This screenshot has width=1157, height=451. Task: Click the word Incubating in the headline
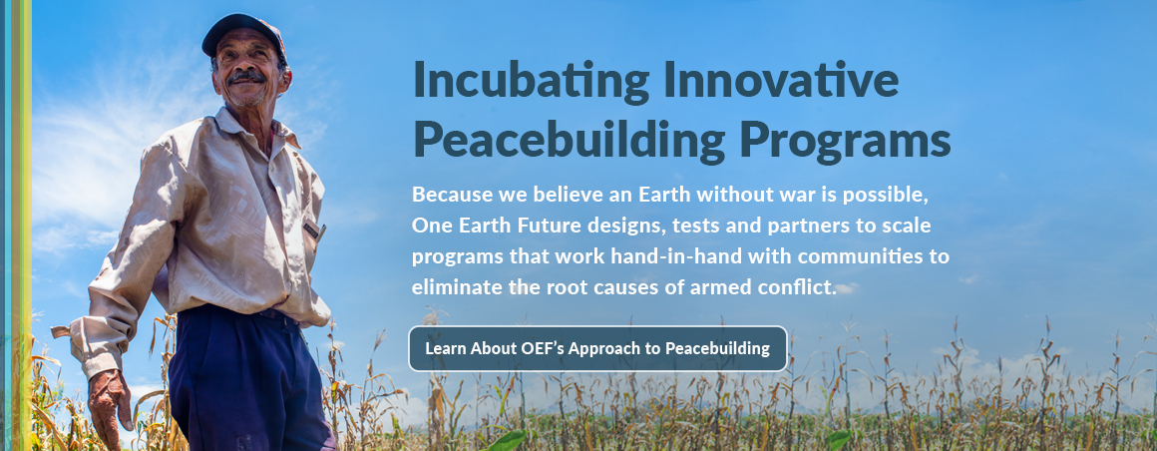533,81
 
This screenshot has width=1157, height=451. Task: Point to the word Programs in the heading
846,141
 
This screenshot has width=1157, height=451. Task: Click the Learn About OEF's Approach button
597,348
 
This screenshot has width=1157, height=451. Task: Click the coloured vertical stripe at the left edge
16,225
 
